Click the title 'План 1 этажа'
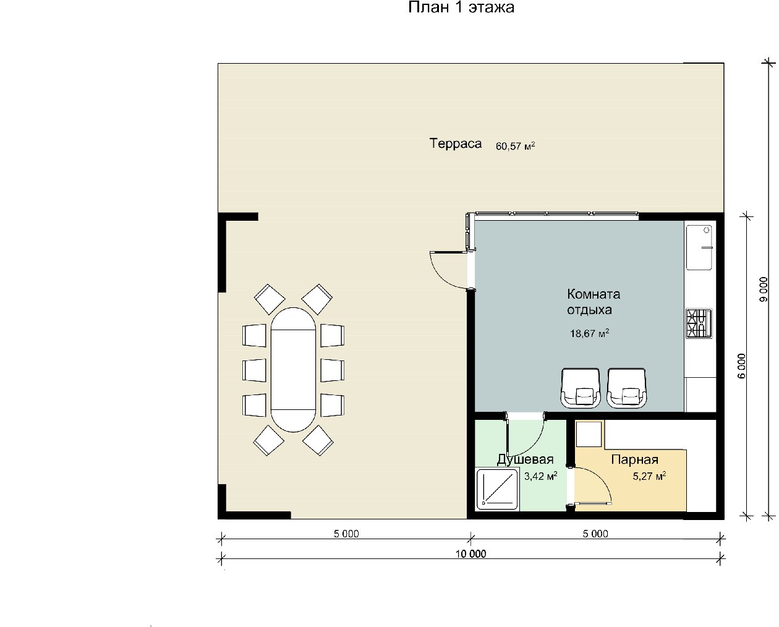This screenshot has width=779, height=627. click(461, 7)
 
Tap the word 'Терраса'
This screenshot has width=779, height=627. click(456, 143)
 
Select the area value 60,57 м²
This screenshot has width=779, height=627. click(515, 146)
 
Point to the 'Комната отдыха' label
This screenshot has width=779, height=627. click(594, 302)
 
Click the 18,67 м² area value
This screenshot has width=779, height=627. click(589, 333)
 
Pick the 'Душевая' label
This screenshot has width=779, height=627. click(526, 459)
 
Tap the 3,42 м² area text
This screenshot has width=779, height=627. click(540, 476)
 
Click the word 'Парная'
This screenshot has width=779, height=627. click(634, 459)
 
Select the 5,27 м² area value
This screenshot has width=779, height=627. click(649, 476)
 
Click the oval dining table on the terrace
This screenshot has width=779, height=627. click(293, 370)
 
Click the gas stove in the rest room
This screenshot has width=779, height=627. click(699, 323)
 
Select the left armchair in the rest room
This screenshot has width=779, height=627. click(581, 388)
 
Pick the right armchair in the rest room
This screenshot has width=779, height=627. click(627, 388)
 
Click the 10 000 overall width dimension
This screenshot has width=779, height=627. click(470, 553)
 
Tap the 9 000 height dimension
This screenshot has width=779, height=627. click(763, 289)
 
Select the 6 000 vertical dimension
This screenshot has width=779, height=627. click(741, 366)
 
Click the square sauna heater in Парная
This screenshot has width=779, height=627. click(589, 434)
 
